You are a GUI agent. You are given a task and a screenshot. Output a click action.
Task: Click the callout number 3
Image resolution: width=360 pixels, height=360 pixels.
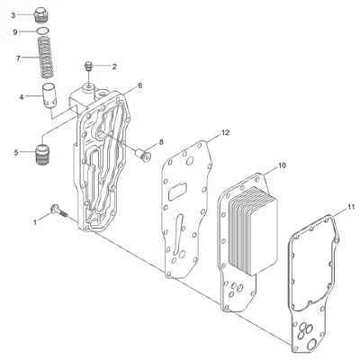pyautogui.click(x=13, y=15)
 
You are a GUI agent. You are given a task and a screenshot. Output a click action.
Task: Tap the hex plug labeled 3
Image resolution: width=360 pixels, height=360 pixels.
pyautogui.click(x=40, y=15)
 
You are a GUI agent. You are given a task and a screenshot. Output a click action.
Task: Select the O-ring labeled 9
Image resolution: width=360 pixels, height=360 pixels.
pyautogui.click(x=42, y=31)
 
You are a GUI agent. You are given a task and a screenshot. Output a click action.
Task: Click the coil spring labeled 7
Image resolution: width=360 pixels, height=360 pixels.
pyautogui.click(x=46, y=57)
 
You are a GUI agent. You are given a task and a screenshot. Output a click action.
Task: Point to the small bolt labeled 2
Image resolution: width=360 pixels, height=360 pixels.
pyautogui.click(x=88, y=67)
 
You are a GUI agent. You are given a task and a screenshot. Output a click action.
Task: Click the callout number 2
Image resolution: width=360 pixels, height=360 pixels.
pyautogui.click(x=114, y=67)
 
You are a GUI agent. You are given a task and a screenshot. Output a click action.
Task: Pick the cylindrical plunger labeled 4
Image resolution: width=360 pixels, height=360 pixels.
pyautogui.click(x=49, y=94)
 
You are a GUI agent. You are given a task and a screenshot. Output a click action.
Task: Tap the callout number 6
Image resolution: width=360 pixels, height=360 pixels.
pyautogui.click(x=139, y=85)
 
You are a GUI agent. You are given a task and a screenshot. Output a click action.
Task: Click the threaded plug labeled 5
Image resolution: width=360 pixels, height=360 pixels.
pyautogui.click(x=42, y=155)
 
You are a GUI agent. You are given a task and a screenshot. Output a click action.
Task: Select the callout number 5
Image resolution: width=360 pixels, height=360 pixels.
pyautogui.click(x=16, y=153)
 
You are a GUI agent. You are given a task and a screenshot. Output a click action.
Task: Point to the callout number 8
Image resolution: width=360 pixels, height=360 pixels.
pyautogui.click(x=161, y=142)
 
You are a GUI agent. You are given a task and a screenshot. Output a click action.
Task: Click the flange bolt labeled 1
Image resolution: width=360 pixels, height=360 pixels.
pyautogui.click(x=59, y=211)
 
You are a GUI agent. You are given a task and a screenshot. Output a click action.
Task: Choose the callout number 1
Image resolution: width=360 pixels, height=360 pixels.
pyautogui.click(x=35, y=222)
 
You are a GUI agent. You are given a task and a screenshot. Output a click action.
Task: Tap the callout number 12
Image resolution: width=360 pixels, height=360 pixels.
pyautogui.click(x=225, y=132)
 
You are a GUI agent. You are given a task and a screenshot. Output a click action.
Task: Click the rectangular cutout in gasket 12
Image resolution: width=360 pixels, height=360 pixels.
pyautogui.click(x=177, y=192)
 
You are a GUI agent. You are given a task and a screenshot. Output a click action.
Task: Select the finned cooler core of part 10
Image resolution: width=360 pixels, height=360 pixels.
pyautogui.click(x=253, y=230)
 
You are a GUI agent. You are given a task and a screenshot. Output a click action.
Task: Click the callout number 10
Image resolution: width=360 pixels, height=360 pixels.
pyautogui.click(x=283, y=166)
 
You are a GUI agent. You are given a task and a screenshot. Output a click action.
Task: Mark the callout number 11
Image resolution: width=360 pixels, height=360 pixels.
pyautogui.click(x=351, y=207)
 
